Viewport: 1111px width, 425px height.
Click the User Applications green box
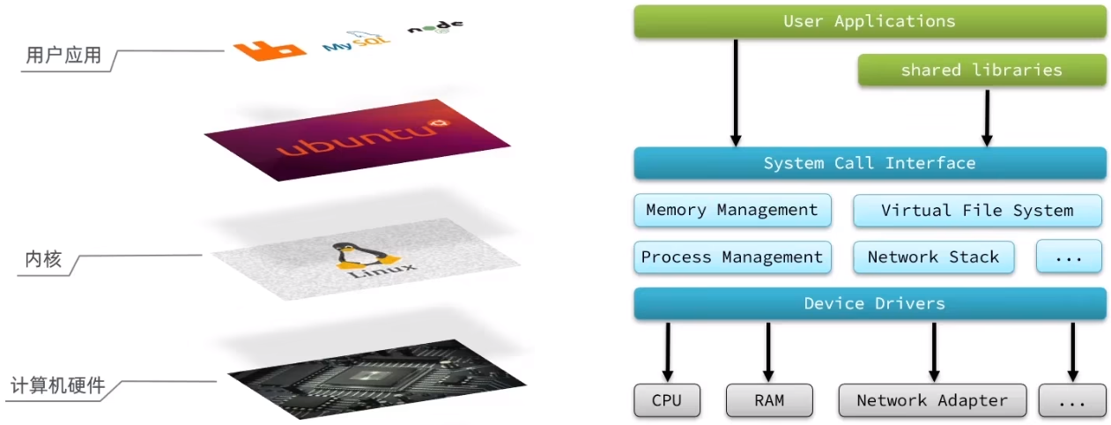[x=870, y=21]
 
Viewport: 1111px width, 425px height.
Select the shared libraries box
[x=982, y=70]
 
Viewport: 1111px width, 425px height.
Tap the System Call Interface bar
[x=870, y=163]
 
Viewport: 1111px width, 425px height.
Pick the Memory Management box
[x=732, y=210]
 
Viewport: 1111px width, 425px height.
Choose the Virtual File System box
[x=977, y=211]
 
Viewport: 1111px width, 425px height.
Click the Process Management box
[x=732, y=257]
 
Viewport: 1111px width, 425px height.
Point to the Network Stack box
[x=933, y=257]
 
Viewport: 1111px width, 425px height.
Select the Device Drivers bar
[x=870, y=303]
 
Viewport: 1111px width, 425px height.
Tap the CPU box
[x=667, y=400]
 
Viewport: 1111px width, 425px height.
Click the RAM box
[x=769, y=400]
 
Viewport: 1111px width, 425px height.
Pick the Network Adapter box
[x=932, y=400]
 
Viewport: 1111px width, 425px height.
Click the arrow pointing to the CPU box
[x=668, y=352]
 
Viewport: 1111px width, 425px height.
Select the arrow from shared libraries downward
[x=987, y=118]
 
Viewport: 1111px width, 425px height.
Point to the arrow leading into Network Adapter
[x=934, y=352]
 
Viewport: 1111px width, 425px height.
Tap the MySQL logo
[x=356, y=41]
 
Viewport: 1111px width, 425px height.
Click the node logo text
[x=435, y=26]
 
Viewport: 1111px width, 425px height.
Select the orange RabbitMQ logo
[x=270, y=50]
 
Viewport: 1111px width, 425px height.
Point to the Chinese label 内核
[x=44, y=259]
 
